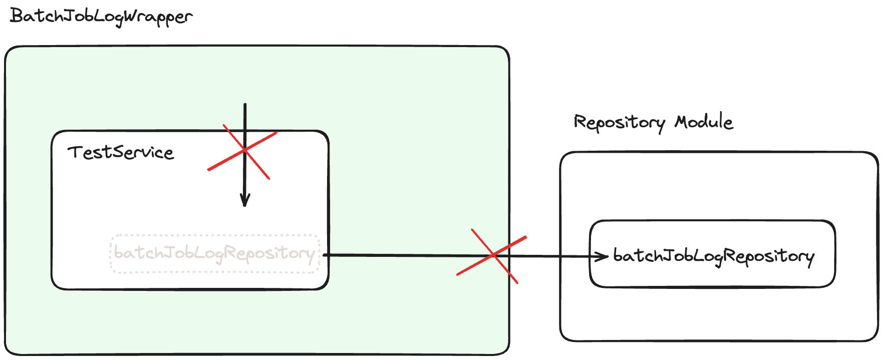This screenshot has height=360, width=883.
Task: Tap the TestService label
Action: [x=121, y=152]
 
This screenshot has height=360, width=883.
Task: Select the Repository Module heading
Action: [x=653, y=122]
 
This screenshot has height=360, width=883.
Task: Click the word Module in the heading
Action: [x=703, y=122]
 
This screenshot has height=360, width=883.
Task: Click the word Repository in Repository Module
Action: [x=619, y=123]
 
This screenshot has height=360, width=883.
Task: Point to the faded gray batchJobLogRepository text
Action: [x=214, y=253]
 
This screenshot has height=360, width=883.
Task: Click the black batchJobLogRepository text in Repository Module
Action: [x=713, y=256]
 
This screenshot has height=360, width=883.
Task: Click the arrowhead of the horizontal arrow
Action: [x=604, y=257]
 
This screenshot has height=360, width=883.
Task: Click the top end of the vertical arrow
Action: [x=245, y=105]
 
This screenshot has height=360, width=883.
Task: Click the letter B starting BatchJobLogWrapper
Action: [x=16, y=16]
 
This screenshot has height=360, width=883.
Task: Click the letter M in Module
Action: [x=681, y=122]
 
